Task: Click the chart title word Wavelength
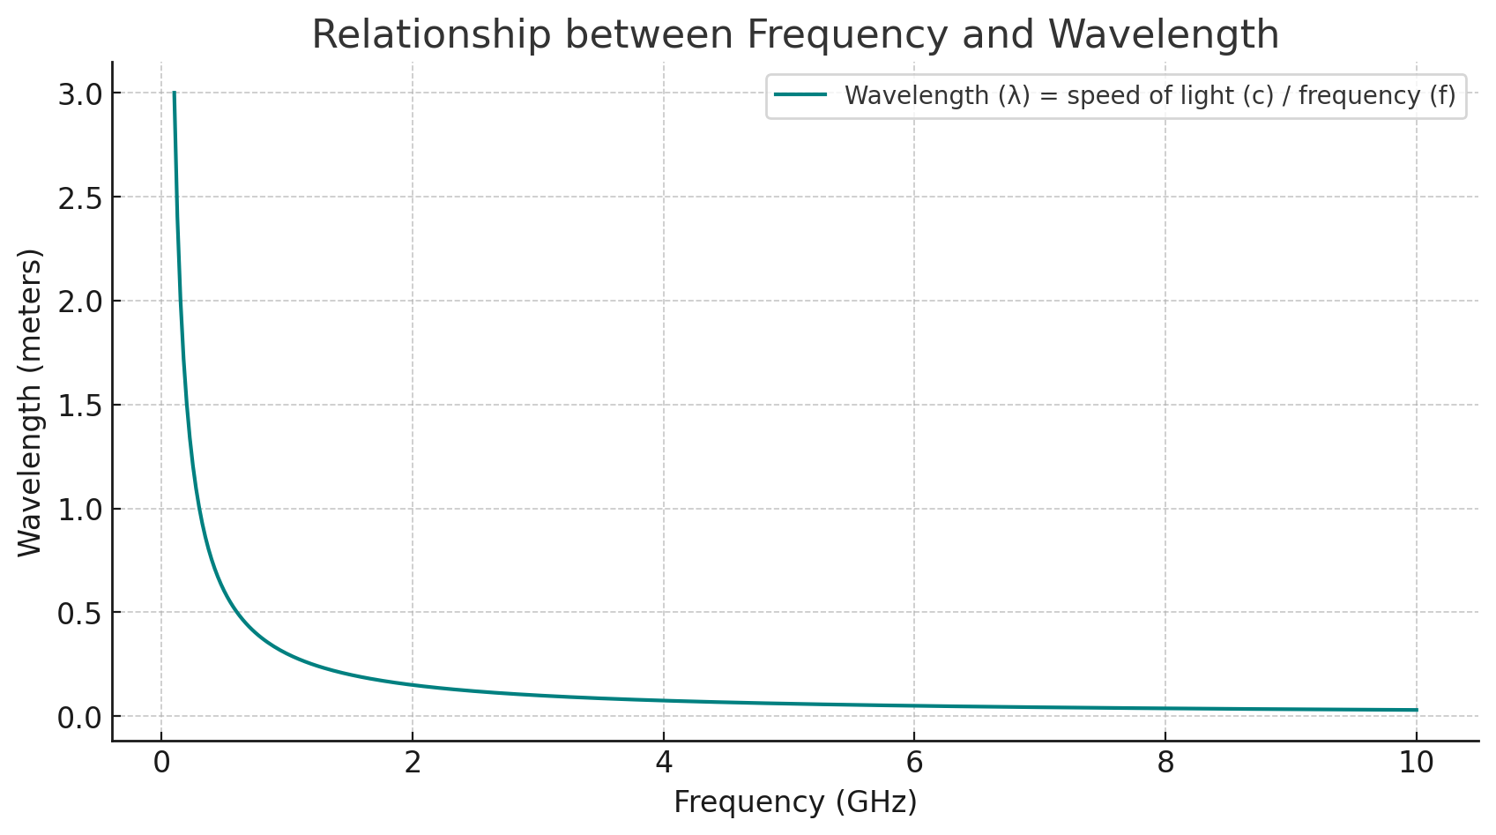(1164, 35)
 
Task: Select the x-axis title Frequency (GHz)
(795, 801)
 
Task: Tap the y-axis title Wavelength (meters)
(30, 403)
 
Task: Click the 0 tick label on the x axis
(161, 763)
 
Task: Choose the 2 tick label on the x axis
(413, 763)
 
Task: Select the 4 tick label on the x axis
(664, 763)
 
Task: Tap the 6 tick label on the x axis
(914, 763)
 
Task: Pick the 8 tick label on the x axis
(1165, 763)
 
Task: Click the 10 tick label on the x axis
(1417, 763)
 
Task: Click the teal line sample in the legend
(800, 95)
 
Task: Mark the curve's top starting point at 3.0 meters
(175, 93)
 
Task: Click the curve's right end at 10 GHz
(1417, 710)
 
